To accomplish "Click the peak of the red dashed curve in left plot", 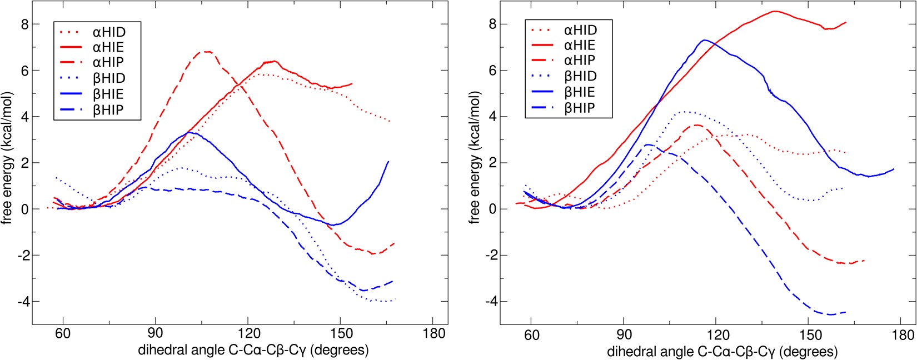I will click(206, 52).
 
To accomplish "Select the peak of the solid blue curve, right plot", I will click(704, 40).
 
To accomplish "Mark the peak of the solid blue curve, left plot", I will click(190, 132).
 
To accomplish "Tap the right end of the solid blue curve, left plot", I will click(388, 162).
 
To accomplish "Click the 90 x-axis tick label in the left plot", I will click(155, 334).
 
